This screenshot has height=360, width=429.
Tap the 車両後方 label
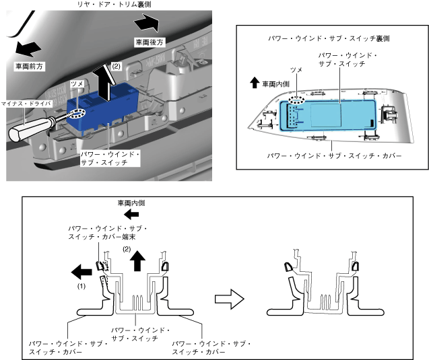tap(148, 42)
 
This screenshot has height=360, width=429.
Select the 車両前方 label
tap(29, 67)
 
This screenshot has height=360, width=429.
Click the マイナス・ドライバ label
tap(26, 103)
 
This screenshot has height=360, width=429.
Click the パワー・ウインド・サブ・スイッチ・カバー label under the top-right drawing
tap(334, 155)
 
